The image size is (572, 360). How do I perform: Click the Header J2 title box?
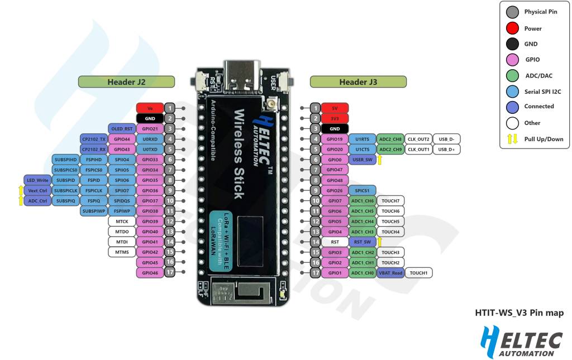(126, 82)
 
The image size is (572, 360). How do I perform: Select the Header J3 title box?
(358, 82)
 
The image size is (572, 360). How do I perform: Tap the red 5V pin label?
(335, 108)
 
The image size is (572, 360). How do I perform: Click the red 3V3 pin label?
(335, 118)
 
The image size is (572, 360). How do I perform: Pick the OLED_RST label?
(121, 128)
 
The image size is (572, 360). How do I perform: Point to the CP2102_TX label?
(93, 139)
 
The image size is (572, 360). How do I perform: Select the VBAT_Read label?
(390, 273)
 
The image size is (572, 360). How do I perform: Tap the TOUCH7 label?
(390, 201)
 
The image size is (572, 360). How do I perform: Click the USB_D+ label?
(446, 149)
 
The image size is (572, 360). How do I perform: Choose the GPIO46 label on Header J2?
(150, 273)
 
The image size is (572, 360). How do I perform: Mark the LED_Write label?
(37, 180)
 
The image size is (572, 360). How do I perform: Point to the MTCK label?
(121, 222)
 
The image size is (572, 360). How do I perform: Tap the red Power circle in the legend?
(512, 28)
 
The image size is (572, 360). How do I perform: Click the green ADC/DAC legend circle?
(512, 75)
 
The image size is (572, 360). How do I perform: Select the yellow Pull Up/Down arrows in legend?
(512, 138)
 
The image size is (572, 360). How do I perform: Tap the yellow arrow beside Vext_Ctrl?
(21, 190)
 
